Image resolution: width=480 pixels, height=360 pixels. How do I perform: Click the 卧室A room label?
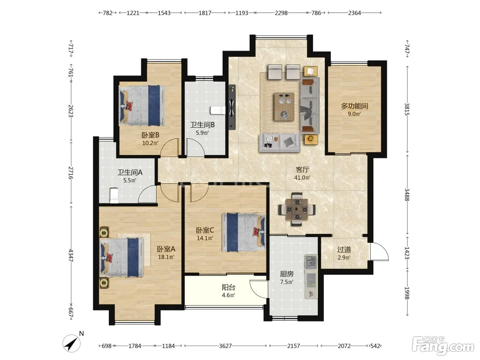coord(166,249)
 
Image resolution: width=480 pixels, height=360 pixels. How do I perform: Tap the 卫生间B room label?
coord(203,125)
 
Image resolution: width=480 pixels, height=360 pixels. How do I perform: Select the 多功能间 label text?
coord(355,106)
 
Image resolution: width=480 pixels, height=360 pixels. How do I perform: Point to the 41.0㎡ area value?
coord(302,178)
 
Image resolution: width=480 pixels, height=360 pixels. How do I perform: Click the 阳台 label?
coord(229,287)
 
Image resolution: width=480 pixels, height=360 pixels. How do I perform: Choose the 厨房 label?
coord(287,274)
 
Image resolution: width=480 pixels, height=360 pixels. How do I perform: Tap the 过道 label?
coord(344,249)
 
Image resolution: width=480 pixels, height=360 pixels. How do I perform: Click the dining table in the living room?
coord(297,209)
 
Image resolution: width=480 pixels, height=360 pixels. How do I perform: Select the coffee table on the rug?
coord(284,106)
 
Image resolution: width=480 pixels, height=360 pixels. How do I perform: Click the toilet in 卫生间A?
coord(114,196)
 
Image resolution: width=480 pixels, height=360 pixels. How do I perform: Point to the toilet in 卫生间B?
coord(218,110)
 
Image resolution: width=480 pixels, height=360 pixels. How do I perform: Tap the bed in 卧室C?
coord(244,232)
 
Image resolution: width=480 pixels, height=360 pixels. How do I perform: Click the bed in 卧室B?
coord(142,106)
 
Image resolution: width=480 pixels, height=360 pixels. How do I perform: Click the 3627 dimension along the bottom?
coord(226,346)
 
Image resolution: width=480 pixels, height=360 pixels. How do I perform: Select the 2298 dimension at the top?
coord(281,13)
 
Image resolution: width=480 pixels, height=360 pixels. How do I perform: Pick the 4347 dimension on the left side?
coord(71,255)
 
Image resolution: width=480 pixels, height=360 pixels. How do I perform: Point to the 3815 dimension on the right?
coord(407,109)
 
